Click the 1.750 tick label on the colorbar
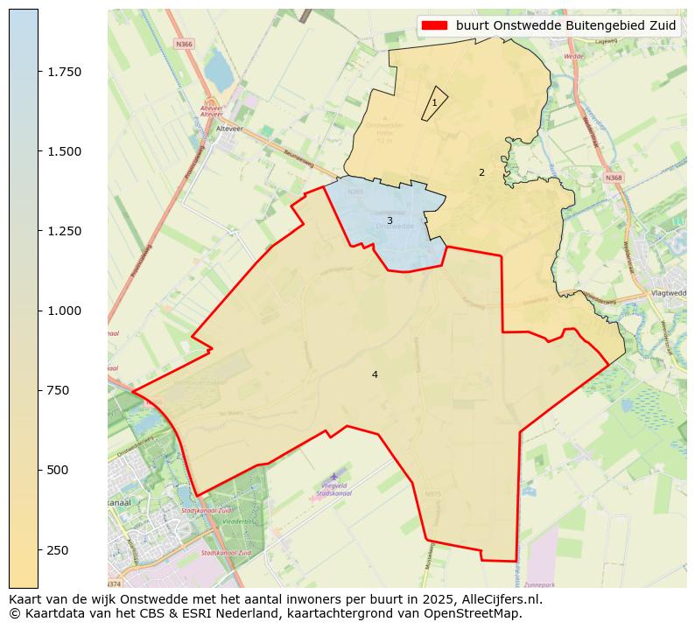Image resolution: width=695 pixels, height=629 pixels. tap(64, 72)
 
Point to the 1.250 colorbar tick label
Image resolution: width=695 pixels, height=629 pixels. tap(64, 231)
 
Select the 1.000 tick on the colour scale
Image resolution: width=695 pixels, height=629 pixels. tap(64, 311)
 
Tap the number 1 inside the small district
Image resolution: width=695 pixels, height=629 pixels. tap(434, 103)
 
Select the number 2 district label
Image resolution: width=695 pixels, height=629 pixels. tap(481, 172)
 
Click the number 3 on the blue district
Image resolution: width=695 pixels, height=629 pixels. tap(390, 220)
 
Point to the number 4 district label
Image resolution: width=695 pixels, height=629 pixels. tap(375, 374)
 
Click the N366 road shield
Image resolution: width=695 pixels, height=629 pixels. tap(184, 44)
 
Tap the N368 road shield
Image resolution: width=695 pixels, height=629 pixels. tap(614, 178)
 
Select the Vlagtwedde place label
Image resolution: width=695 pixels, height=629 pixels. tap(669, 293)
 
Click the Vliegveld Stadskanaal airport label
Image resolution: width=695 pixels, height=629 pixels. tap(333, 488)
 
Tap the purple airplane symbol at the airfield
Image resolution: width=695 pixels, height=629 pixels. tap(333, 475)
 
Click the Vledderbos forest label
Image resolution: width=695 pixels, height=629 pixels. tap(237, 521)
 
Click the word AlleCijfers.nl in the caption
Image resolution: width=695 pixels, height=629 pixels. tap(502, 599)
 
